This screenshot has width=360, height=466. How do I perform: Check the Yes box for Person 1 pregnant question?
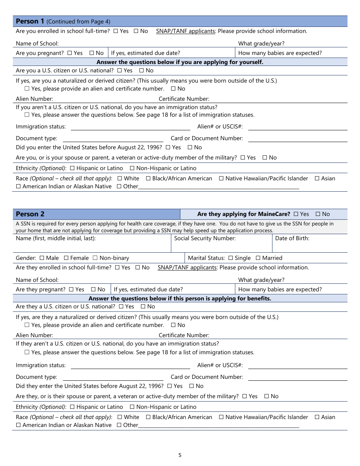69,53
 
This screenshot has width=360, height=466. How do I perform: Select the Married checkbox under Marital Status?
258,258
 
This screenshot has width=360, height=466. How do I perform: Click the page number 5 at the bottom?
180,455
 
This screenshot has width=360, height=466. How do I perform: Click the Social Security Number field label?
205,238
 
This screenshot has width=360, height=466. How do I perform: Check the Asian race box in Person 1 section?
317,178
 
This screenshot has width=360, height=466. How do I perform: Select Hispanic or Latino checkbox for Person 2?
72,407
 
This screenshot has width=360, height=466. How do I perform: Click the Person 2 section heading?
30,214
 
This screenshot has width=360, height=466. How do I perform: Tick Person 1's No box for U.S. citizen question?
141,70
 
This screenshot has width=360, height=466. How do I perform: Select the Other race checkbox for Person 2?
119,425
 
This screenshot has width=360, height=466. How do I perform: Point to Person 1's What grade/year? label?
261,44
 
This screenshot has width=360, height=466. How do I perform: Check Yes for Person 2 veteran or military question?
244,396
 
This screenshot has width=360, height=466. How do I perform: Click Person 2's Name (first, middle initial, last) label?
56,238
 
